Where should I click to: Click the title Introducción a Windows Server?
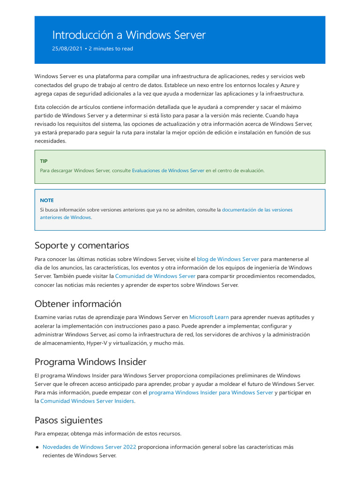point(128,35)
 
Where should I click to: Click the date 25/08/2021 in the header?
point(67,49)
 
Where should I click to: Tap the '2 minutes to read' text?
point(111,49)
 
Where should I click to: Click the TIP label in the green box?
point(44,161)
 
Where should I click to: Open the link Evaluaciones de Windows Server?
point(168,171)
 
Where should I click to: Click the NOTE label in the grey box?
point(47,200)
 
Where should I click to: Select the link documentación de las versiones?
point(257,210)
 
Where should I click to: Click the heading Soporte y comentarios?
point(82,246)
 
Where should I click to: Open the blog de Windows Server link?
point(228,259)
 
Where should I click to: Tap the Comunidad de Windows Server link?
point(155,277)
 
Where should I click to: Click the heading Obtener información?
point(78,304)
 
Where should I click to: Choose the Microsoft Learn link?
point(209,317)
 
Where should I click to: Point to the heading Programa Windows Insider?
point(90,362)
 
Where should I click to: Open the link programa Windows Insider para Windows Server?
point(210,393)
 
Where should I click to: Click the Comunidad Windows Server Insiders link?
point(87,401)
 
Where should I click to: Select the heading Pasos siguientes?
point(68,420)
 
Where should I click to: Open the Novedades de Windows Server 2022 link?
point(89,447)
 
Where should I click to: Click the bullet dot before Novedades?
point(37,447)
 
